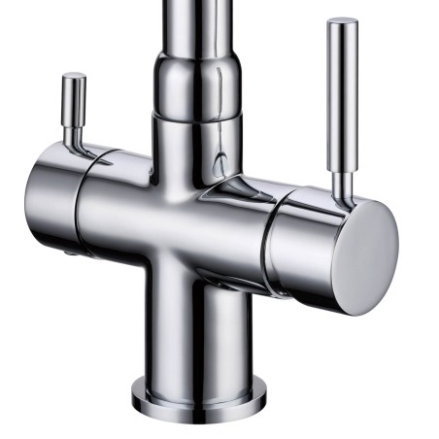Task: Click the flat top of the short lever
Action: pyautogui.click(x=74, y=77)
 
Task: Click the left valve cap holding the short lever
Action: pyautogui.click(x=53, y=199)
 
